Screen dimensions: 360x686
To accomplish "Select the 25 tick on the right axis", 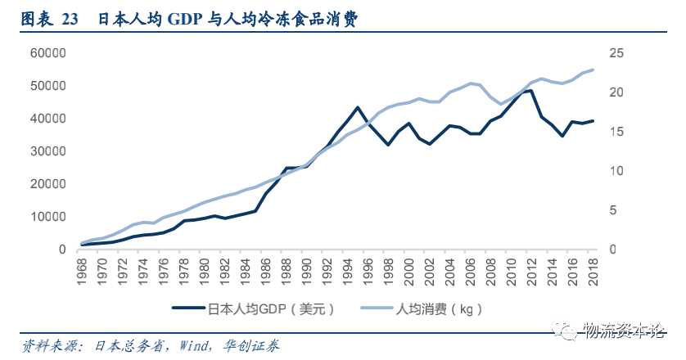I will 616,53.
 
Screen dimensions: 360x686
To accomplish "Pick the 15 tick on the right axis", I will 616,132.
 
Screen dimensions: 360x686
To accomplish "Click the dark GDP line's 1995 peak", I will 358,107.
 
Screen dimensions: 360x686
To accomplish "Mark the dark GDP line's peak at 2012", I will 531,90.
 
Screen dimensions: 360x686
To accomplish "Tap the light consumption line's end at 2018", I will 593,70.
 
